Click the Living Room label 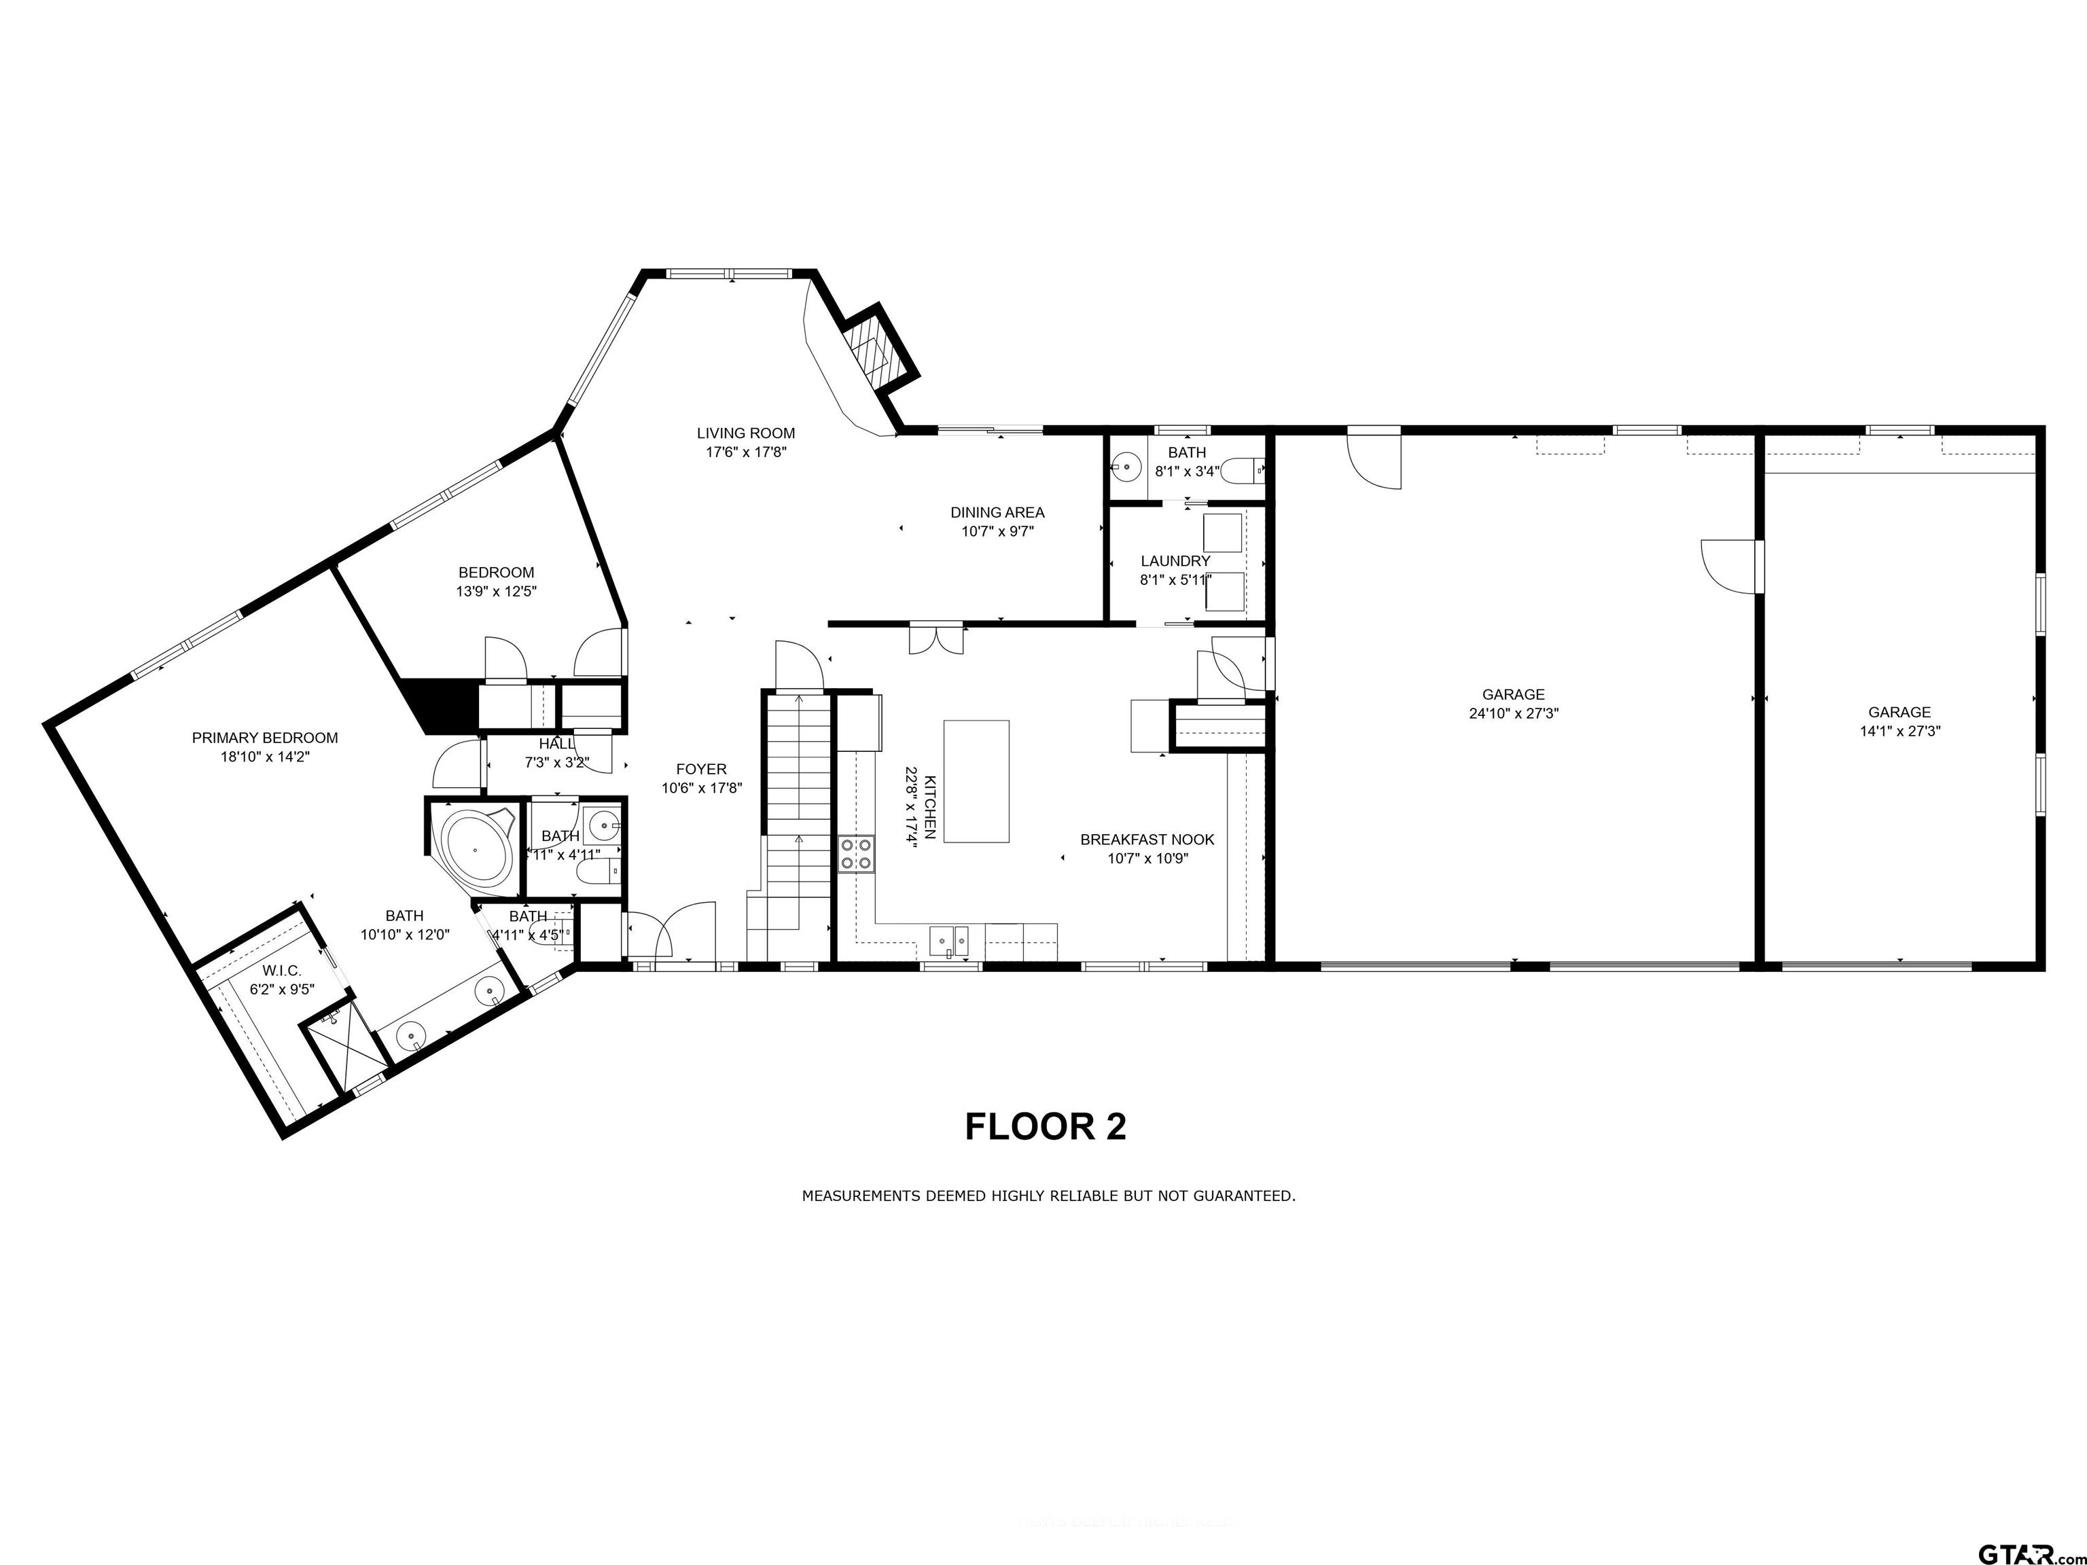pos(745,433)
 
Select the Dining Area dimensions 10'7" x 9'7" pos(997,532)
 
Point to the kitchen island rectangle pos(976,781)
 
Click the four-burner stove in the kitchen pos(856,854)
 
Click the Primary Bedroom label pos(265,738)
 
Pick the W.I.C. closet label pos(282,971)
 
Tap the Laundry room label pos(1175,561)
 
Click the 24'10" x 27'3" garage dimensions pos(1514,714)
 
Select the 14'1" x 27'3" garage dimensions pos(1899,731)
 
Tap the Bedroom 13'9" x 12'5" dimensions pos(497,592)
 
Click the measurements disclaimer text pos(1048,1196)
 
